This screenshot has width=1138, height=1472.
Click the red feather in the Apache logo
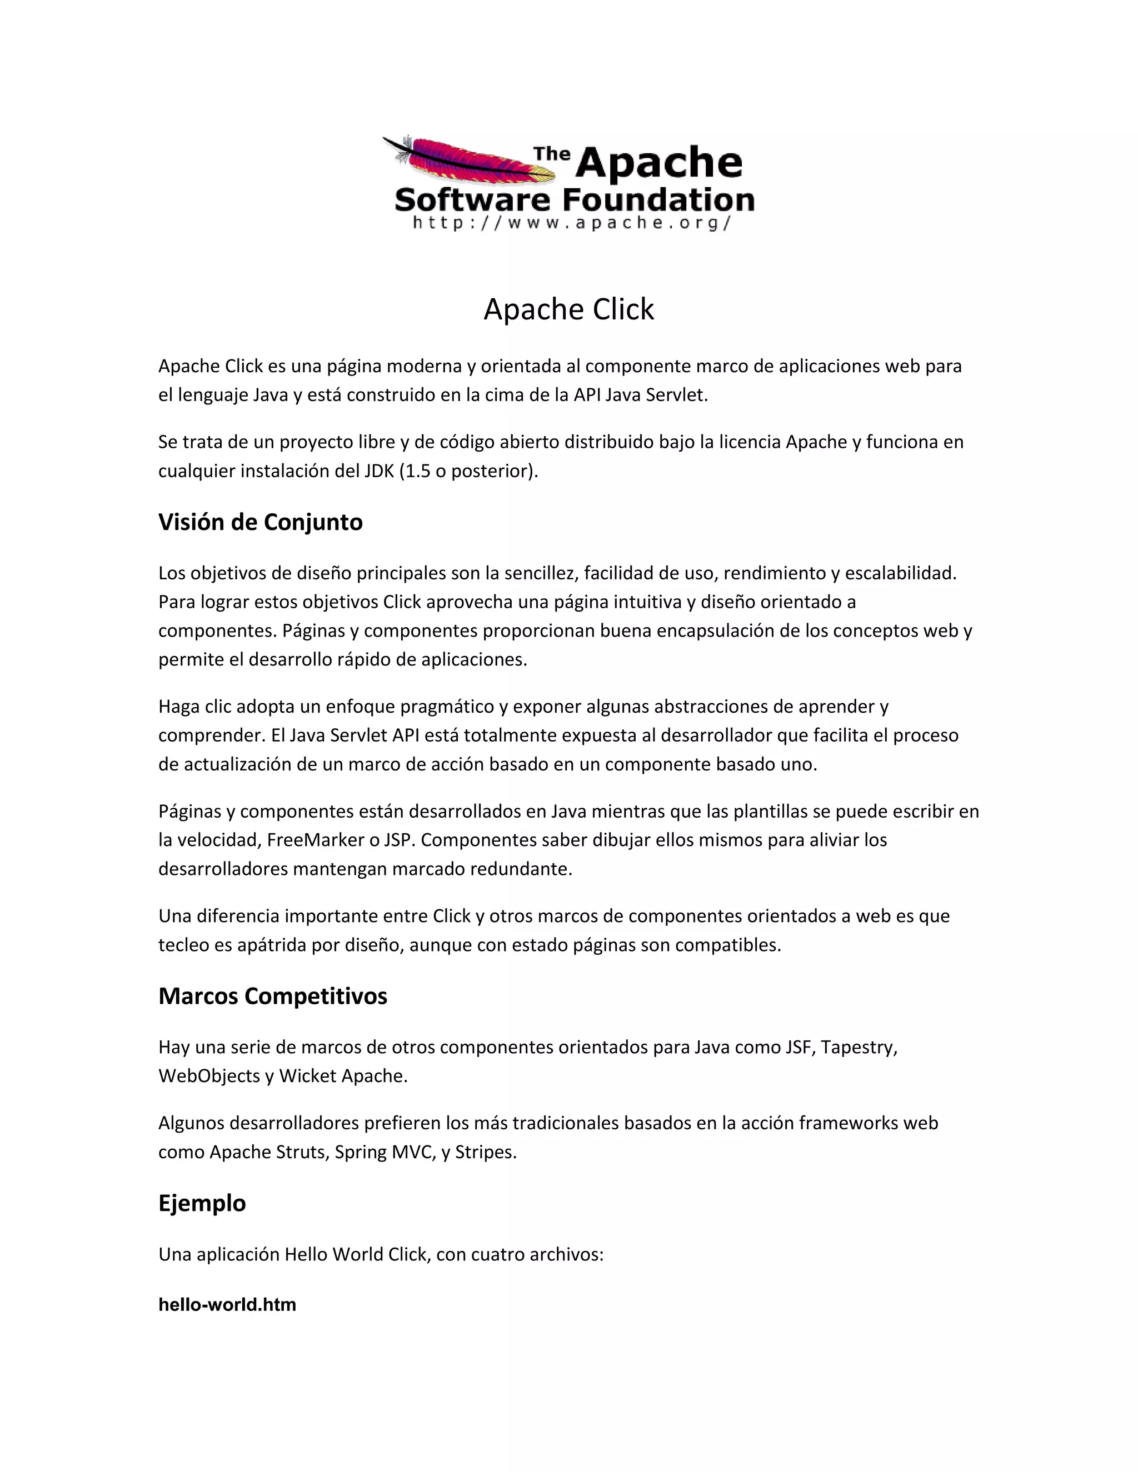point(465,160)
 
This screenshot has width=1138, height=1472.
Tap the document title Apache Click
point(569,309)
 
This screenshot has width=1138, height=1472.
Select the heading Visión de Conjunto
point(260,522)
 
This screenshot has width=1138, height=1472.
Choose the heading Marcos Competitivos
point(272,996)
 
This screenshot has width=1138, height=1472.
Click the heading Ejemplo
point(202,1203)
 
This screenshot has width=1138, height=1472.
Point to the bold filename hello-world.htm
point(227,1305)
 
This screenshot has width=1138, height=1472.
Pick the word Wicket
point(307,1076)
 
